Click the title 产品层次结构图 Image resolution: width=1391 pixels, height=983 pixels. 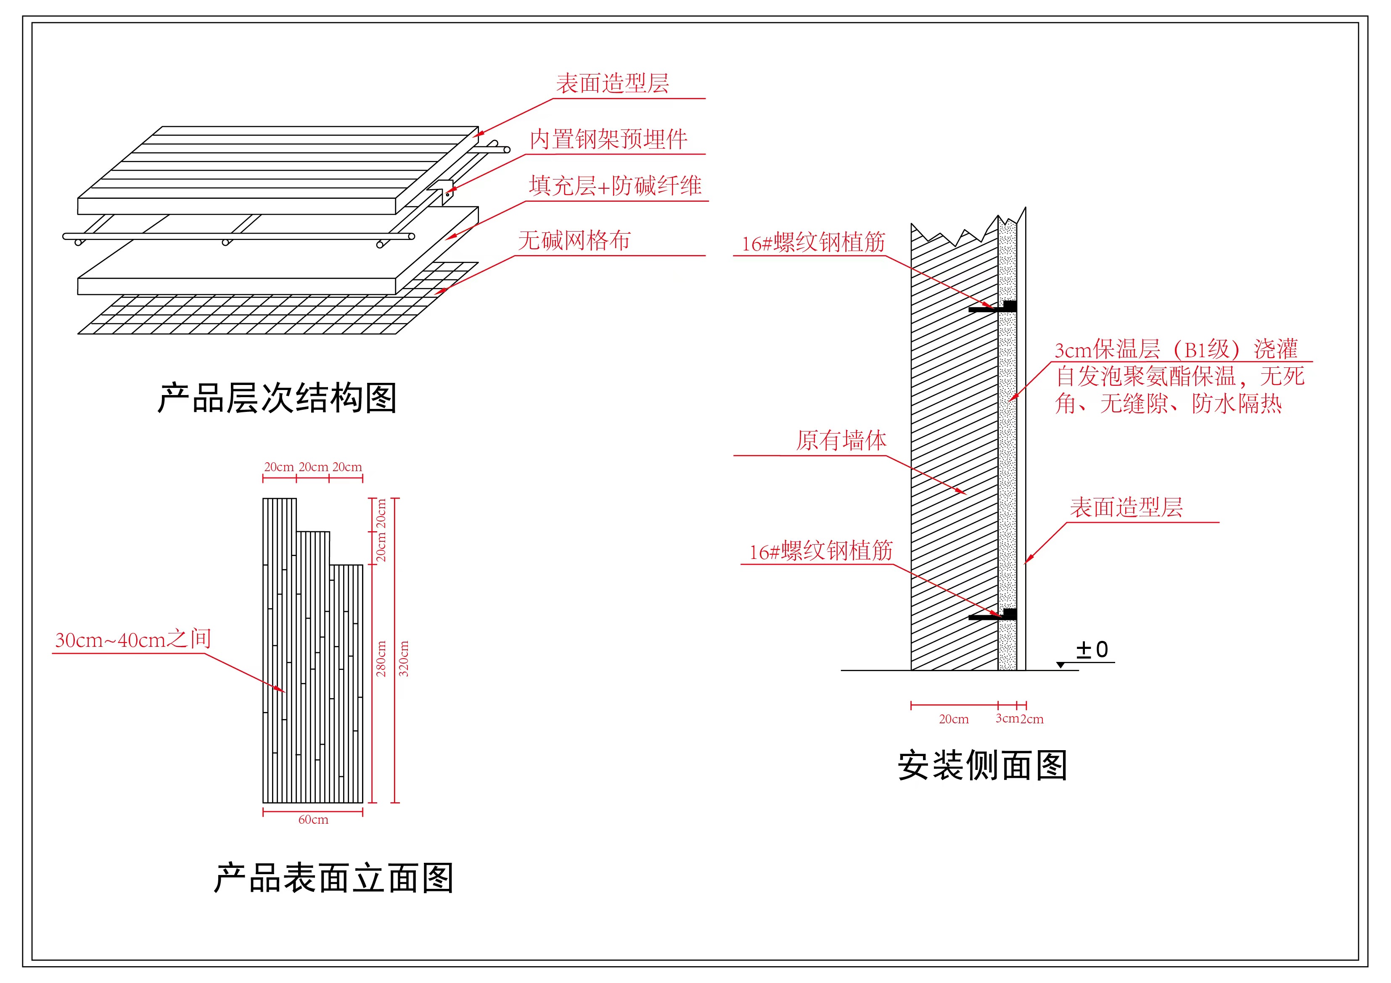point(277,398)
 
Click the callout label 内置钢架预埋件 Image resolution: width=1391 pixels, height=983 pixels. point(608,139)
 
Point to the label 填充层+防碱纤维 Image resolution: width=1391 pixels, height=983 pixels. point(615,185)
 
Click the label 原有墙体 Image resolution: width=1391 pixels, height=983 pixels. point(841,440)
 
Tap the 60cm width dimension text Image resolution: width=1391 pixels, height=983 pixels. point(313,820)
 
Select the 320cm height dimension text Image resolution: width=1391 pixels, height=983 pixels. point(404,659)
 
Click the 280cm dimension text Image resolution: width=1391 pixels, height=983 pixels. point(381,659)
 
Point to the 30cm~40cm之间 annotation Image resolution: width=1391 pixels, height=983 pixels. point(133,640)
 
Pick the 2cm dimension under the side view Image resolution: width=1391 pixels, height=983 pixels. point(1032,719)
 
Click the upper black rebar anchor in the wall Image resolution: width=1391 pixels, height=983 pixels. point(992,308)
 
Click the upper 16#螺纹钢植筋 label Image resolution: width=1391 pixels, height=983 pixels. point(814,243)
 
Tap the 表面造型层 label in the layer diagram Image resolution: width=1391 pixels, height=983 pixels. point(613,84)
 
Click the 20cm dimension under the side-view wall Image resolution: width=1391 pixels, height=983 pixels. point(954,719)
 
